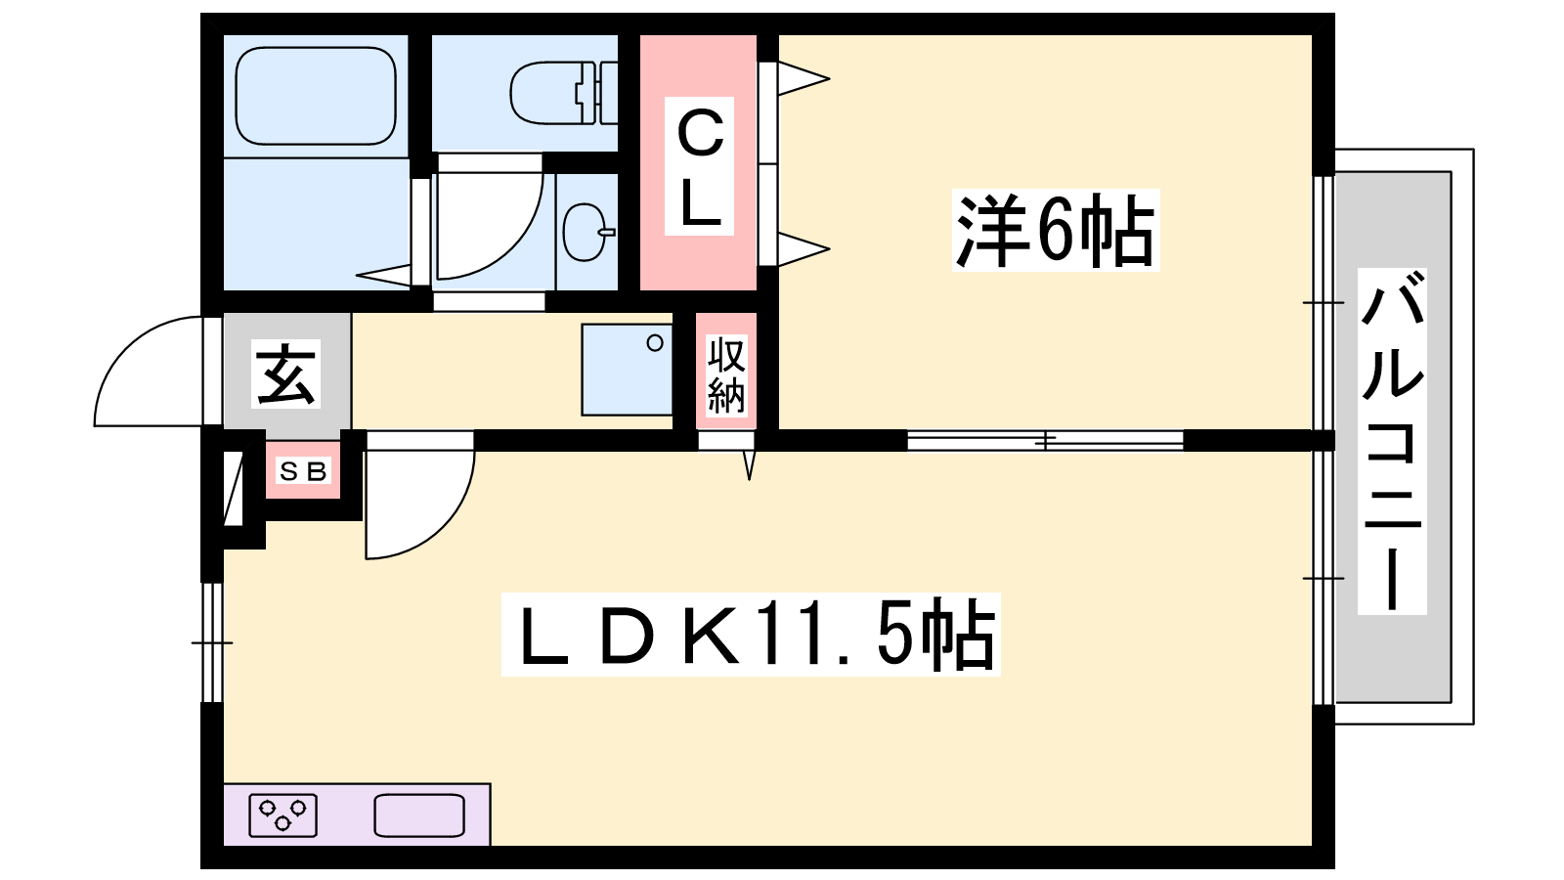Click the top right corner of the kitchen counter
(x=490, y=783)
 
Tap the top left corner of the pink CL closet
(x=640, y=35)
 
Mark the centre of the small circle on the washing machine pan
(x=655, y=343)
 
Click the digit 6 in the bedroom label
(x=1057, y=231)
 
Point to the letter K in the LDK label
(x=712, y=636)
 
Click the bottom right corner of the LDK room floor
(x=1313, y=846)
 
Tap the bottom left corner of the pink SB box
(x=266, y=498)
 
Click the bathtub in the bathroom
(x=316, y=97)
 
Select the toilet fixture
(x=563, y=93)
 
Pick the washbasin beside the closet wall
(x=587, y=232)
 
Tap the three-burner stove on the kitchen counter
(x=282, y=815)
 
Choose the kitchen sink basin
(x=419, y=815)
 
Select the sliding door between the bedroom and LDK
(x=1045, y=441)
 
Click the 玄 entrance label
(x=285, y=374)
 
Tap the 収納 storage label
(x=726, y=375)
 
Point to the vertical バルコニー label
(x=1392, y=441)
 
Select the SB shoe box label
(x=303, y=472)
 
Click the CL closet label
(x=699, y=166)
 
